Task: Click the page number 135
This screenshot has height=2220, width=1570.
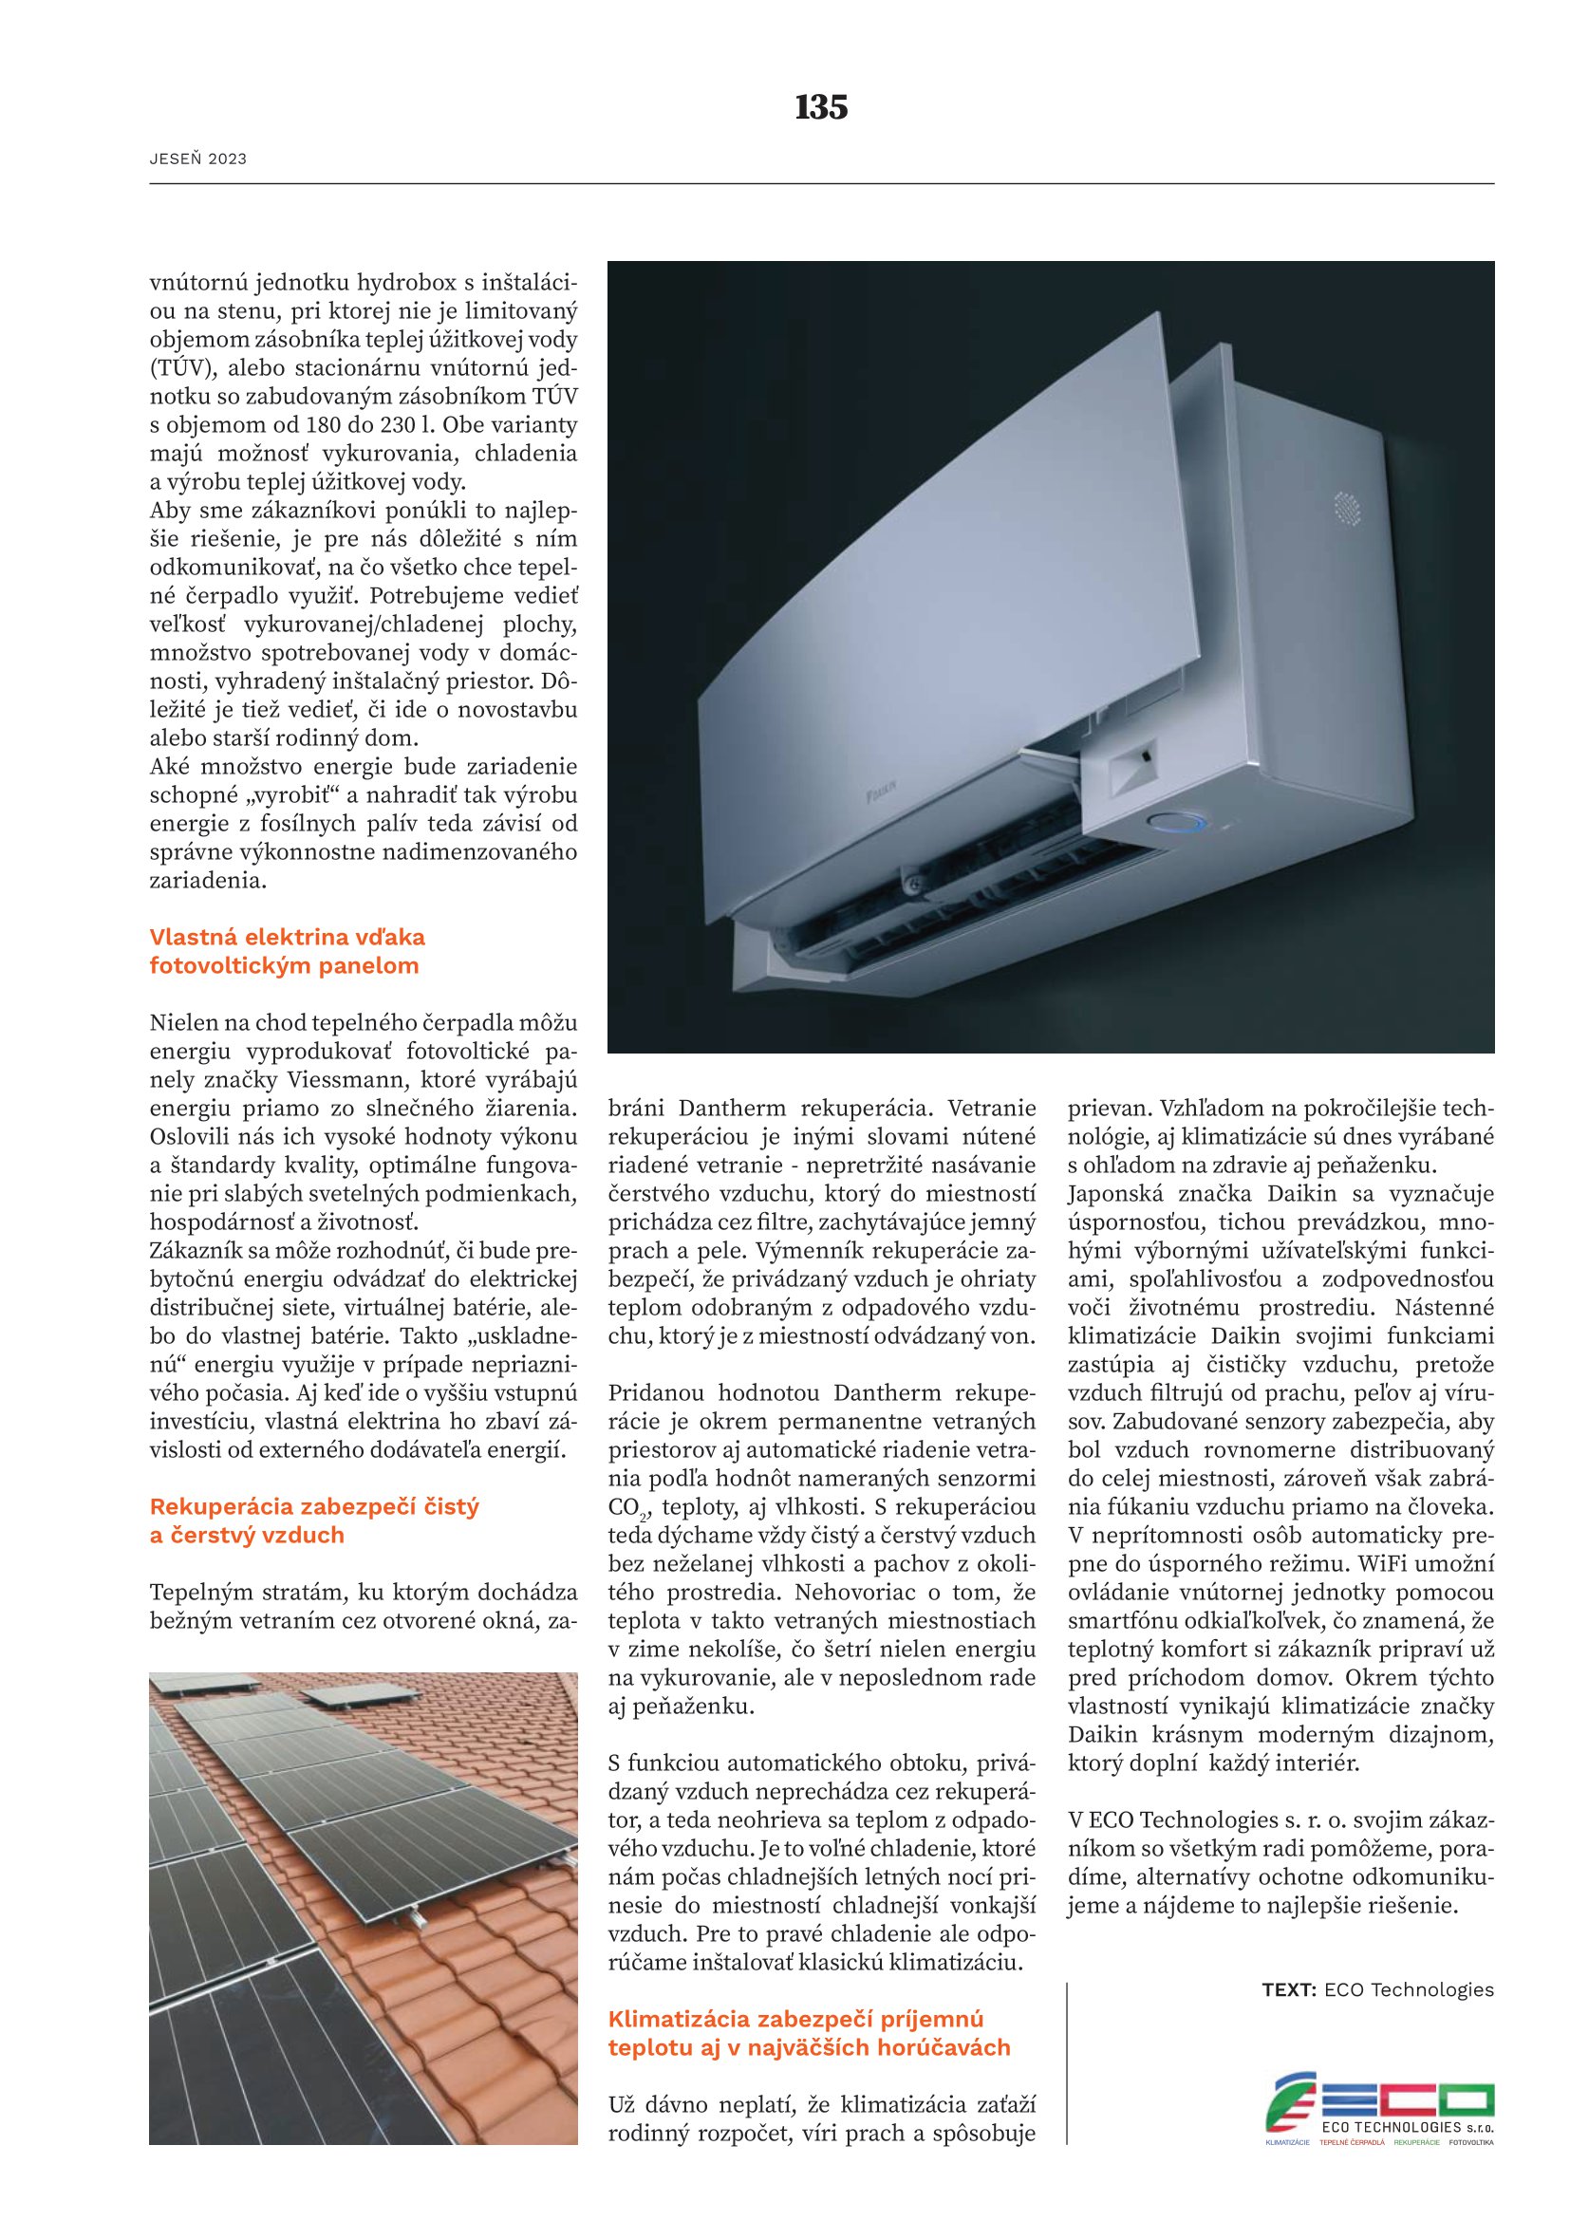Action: [x=821, y=107]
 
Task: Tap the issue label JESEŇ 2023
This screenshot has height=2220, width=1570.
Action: [x=198, y=159]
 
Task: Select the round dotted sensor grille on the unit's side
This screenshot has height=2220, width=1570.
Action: [x=1347, y=509]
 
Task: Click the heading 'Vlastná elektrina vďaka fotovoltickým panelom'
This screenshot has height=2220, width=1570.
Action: [x=286, y=950]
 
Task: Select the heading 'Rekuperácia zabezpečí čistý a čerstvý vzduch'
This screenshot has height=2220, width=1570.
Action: [x=313, y=1520]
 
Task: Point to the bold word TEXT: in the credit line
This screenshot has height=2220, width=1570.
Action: [x=1289, y=1990]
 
